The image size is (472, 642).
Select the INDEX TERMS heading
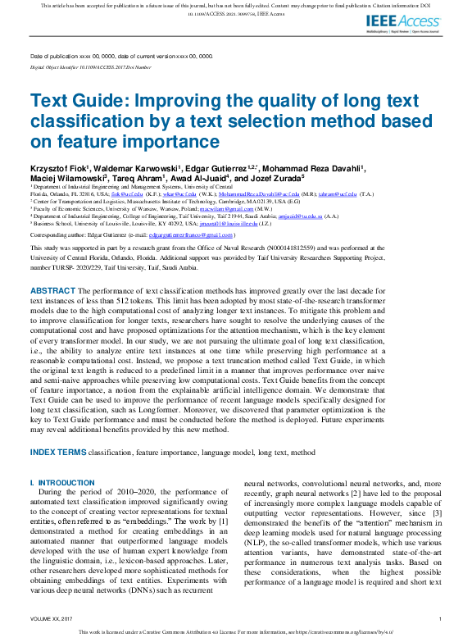point(57,452)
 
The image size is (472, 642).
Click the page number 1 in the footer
point(441,619)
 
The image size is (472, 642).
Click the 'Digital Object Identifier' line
point(90,67)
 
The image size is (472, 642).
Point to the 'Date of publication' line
point(121,57)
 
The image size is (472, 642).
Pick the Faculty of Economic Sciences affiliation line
point(123,209)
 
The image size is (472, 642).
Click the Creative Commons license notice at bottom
point(236,633)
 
